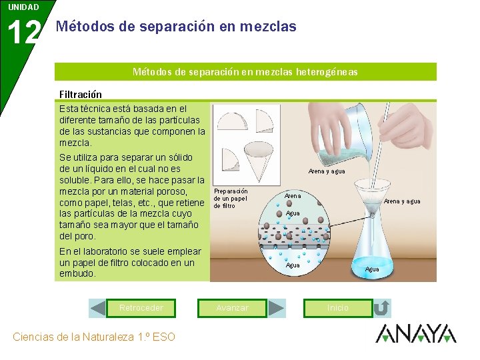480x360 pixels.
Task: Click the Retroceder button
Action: pos(141,308)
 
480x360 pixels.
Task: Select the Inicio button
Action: pos(338,308)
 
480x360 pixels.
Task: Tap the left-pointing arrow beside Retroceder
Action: pos(98,308)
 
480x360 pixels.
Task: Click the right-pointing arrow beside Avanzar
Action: pos(276,308)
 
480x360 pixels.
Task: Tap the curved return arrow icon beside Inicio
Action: pos(382,308)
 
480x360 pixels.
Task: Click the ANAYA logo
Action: pos(416,333)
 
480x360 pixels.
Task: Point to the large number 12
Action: pos(24,32)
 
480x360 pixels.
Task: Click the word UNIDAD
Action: pos(23,7)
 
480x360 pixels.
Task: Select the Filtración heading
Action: pos(81,94)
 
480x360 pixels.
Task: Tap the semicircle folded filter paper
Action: pos(232,121)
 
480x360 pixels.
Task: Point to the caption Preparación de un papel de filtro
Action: pos(231,199)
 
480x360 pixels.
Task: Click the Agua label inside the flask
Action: pos(372,269)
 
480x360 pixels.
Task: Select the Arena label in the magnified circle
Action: pos(293,195)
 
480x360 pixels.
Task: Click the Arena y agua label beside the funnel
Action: pos(402,201)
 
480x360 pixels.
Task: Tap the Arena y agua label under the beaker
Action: pos(327,171)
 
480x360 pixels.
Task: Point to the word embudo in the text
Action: pos(77,273)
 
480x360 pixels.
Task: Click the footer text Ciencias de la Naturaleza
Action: pos(73,337)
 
